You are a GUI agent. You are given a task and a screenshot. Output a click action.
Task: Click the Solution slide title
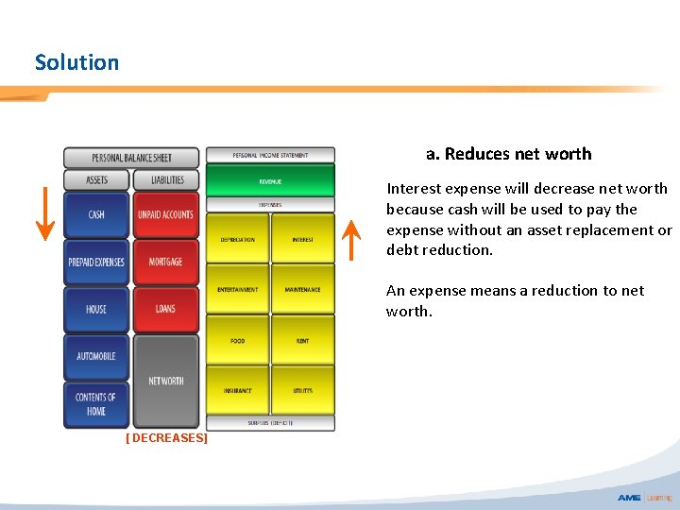click(x=76, y=62)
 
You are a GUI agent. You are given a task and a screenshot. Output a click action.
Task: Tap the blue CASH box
click(x=96, y=215)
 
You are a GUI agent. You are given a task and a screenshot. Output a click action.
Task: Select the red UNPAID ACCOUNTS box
click(x=165, y=215)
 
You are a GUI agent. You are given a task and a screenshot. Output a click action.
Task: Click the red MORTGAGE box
click(x=165, y=262)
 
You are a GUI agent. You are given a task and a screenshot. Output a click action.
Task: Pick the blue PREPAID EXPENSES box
click(x=96, y=262)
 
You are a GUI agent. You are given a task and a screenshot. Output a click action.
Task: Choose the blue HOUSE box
click(x=96, y=309)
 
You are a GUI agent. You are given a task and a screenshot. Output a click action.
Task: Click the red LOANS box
click(x=165, y=309)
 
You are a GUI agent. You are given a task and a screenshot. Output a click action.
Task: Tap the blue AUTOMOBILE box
click(x=96, y=356)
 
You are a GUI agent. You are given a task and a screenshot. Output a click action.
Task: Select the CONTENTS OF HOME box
click(x=96, y=403)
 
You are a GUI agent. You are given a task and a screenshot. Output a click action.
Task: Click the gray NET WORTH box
click(x=166, y=381)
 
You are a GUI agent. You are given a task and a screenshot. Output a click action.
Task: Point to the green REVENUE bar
click(x=270, y=180)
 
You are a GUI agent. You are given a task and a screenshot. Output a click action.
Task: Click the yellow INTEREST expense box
click(x=303, y=239)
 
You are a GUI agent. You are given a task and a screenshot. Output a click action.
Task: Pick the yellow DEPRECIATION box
click(x=238, y=239)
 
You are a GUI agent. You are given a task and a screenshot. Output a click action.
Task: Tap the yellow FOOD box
click(x=238, y=340)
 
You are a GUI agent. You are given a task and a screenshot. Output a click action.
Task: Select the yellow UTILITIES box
click(x=303, y=390)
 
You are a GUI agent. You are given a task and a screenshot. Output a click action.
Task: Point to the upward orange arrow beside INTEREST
click(x=350, y=240)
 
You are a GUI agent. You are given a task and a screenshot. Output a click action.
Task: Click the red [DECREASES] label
click(x=166, y=438)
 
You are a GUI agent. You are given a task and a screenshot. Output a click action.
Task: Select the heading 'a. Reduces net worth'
click(x=508, y=154)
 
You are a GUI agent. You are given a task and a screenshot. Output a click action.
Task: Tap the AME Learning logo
click(x=645, y=498)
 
